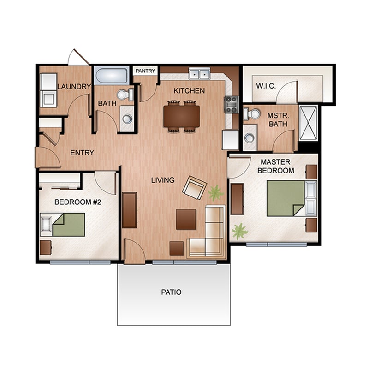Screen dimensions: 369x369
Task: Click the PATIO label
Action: pyautogui.click(x=171, y=292)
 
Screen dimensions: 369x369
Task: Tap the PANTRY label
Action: pyautogui.click(x=145, y=71)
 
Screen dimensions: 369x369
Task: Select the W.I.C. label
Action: pyautogui.click(x=266, y=86)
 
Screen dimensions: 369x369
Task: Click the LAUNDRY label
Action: pyautogui.click(x=74, y=86)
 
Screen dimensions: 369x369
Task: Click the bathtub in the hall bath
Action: pyautogui.click(x=112, y=76)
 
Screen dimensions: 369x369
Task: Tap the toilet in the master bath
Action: pyautogui.click(x=252, y=113)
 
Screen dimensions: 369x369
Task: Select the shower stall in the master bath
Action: pyautogui.click(x=308, y=123)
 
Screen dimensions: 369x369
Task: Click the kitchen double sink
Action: pyautogui.click(x=199, y=73)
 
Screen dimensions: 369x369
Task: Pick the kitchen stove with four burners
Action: pyautogui.click(x=231, y=105)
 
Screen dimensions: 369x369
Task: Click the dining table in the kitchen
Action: pyautogui.click(x=182, y=116)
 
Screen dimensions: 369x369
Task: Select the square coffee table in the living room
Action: pyautogui.click(x=186, y=219)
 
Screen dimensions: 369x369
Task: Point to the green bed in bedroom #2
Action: pyautogui.click(x=68, y=224)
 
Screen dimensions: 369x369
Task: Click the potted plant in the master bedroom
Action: pyautogui.click(x=239, y=230)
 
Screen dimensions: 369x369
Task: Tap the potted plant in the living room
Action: pyautogui.click(x=215, y=192)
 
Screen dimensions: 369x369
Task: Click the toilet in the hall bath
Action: pyautogui.click(x=124, y=95)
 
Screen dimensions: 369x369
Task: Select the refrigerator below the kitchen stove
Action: pyautogui.click(x=230, y=139)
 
